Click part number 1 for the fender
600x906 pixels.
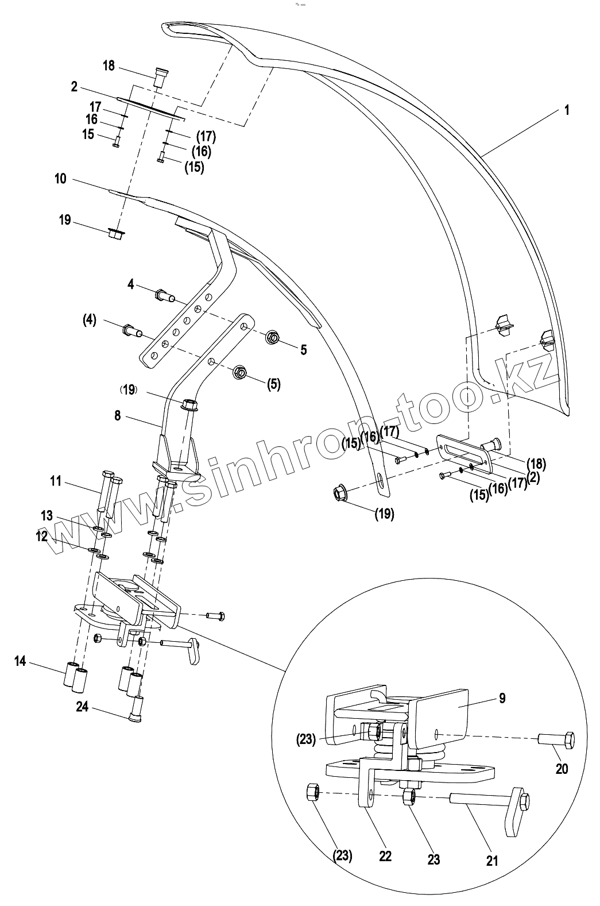pos(567,110)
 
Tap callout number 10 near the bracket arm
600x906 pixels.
pos(60,179)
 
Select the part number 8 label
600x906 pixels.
pos(117,415)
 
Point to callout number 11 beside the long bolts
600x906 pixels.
pos(55,481)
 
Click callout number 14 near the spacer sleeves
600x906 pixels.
pos(21,662)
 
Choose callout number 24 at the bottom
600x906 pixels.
pos(82,707)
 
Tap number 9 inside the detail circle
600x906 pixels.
pos(502,699)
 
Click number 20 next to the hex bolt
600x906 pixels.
pos(562,768)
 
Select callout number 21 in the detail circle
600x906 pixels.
pos(492,860)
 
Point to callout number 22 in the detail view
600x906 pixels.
pos(385,855)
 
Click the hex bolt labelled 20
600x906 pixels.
pos(556,739)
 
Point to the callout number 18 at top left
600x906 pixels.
pos(109,65)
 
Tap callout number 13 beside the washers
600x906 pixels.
pos(47,516)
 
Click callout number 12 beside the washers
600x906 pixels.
pos(41,537)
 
